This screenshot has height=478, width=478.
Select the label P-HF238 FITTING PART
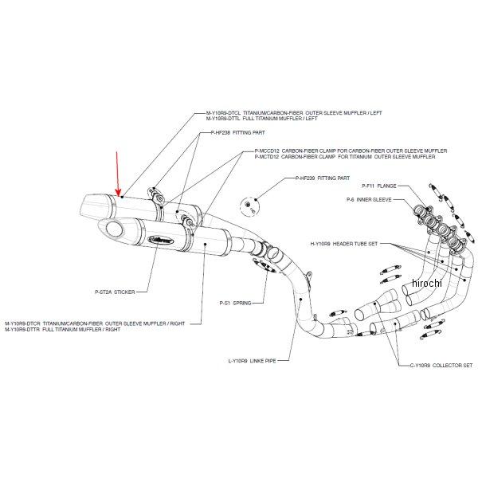(x=225, y=134)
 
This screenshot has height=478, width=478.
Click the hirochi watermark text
(x=428, y=284)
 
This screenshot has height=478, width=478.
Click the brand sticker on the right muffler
(x=159, y=237)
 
